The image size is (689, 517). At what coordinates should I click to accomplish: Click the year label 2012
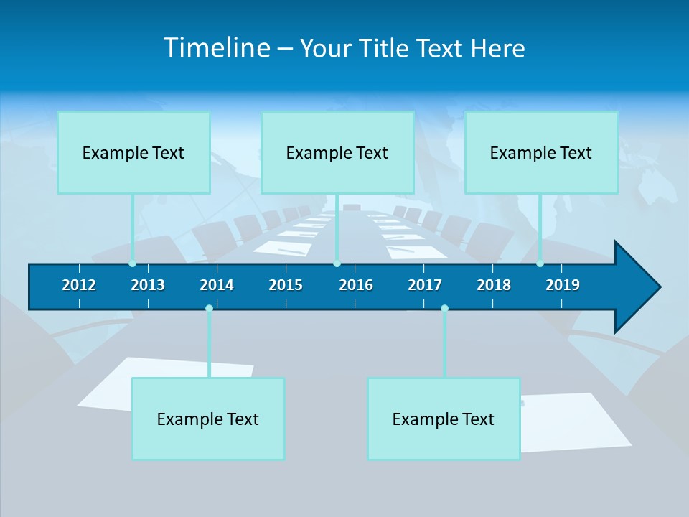point(79,285)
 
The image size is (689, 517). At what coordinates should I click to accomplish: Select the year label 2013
point(148,285)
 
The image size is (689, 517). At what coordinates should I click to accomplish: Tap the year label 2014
point(217,285)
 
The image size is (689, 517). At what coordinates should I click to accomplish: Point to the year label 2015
point(286,285)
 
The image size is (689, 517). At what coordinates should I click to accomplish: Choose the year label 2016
point(356,285)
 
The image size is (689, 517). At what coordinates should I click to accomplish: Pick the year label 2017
point(425,285)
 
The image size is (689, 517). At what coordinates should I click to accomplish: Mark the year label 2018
point(494,285)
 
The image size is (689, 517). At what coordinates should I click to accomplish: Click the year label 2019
point(563,285)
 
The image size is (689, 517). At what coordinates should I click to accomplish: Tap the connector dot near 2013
point(132,264)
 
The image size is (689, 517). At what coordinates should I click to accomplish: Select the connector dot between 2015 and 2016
point(337,264)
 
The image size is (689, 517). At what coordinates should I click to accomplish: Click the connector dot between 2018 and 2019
point(540,264)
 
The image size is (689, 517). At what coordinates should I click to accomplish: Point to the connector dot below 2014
point(209,308)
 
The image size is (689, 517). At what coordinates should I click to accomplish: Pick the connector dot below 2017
point(444,308)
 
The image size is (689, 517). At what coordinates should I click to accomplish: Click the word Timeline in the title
point(217,48)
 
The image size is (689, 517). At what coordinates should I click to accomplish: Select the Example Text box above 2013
point(133,152)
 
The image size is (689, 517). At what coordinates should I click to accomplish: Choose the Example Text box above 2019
point(541,152)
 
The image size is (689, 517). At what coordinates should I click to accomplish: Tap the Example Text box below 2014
point(208,419)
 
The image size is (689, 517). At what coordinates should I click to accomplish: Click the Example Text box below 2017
point(444,419)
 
